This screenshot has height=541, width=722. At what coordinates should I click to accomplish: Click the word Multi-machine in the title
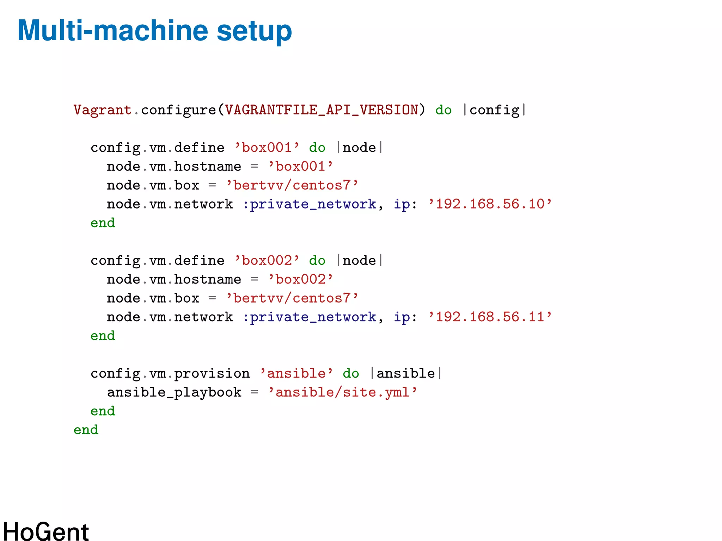click(113, 31)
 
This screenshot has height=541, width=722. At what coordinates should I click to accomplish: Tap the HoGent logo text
click(46, 531)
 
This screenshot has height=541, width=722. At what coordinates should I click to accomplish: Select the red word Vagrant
click(102, 110)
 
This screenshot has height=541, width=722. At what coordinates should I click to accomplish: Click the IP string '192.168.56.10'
click(490, 204)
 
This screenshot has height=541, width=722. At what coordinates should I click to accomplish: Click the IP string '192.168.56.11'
click(490, 317)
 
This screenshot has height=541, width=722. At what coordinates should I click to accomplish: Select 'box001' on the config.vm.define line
click(267, 148)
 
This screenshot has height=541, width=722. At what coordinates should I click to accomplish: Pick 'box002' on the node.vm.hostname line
click(300, 280)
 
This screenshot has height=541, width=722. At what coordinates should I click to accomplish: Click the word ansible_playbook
click(174, 392)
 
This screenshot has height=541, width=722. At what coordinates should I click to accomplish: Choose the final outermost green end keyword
click(86, 430)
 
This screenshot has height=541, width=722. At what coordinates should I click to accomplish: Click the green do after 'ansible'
click(351, 374)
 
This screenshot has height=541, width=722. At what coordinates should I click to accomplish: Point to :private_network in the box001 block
click(310, 204)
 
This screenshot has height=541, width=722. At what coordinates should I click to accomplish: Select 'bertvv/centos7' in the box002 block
click(292, 299)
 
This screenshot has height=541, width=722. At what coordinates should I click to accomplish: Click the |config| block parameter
click(495, 110)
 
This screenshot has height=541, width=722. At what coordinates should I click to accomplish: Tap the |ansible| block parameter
click(406, 374)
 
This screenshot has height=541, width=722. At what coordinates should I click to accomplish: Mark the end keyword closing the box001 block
click(103, 223)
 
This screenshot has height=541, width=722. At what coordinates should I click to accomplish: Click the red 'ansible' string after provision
click(296, 374)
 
